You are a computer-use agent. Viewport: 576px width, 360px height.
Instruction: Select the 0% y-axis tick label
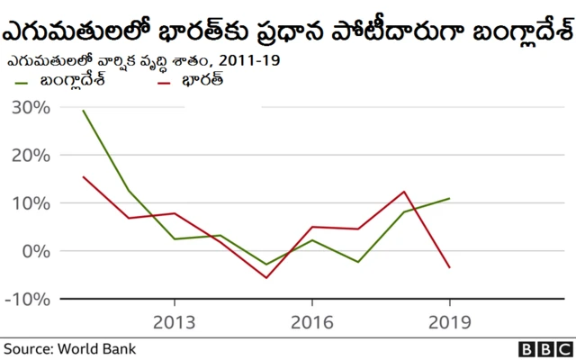(35, 251)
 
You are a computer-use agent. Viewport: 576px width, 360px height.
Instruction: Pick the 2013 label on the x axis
(174, 322)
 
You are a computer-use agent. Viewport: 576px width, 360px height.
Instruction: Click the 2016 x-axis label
(311, 322)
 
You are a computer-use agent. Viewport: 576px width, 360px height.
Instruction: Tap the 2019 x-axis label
(449, 322)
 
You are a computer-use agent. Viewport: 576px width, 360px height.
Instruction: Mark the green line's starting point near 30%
(83, 111)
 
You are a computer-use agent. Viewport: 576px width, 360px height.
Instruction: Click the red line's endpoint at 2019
(449, 267)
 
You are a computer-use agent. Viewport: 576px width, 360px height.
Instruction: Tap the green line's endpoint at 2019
(449, 198)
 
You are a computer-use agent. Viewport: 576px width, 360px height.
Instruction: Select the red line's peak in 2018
(404, 192)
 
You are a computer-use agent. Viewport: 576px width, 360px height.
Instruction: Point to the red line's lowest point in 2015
(266, 277)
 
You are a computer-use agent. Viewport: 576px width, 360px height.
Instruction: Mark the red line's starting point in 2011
(83, 176)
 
